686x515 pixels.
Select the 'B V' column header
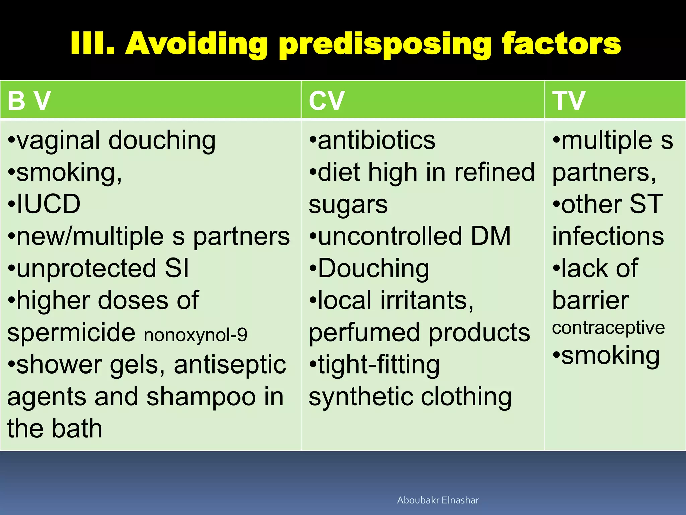pos(29,100)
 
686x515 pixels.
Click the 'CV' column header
pos(326,100)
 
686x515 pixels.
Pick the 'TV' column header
pos(568,100)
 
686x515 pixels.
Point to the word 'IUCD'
pos(49,204)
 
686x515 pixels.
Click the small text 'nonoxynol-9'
pos(195,335)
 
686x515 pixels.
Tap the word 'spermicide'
pos(71,332)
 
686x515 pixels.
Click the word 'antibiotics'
pos(376,140)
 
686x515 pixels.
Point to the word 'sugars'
pos(348,205)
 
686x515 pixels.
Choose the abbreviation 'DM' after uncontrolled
pos(491,236)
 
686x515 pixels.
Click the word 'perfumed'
pos(364,332)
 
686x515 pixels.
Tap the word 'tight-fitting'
pos(379,365)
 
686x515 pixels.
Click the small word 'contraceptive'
pos(608,328)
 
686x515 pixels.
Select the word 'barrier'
pos(591,300)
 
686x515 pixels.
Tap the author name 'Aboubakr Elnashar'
pos(438,500)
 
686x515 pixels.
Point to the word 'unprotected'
pos(86,268)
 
